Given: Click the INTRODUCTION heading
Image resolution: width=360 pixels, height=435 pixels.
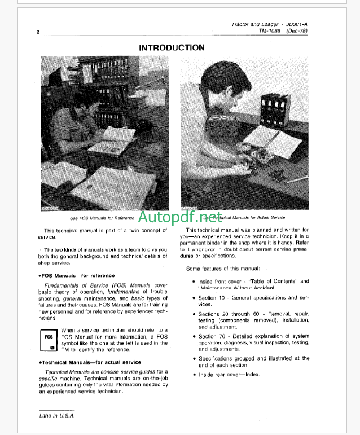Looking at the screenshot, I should (x=172, y=48).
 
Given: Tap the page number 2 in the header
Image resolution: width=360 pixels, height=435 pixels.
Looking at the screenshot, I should (x=38, y=33).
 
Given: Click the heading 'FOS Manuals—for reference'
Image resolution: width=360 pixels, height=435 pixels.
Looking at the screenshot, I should (x=77, y=275).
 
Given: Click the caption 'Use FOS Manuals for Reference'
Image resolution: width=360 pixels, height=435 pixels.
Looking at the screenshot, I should (x=102, y=218).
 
